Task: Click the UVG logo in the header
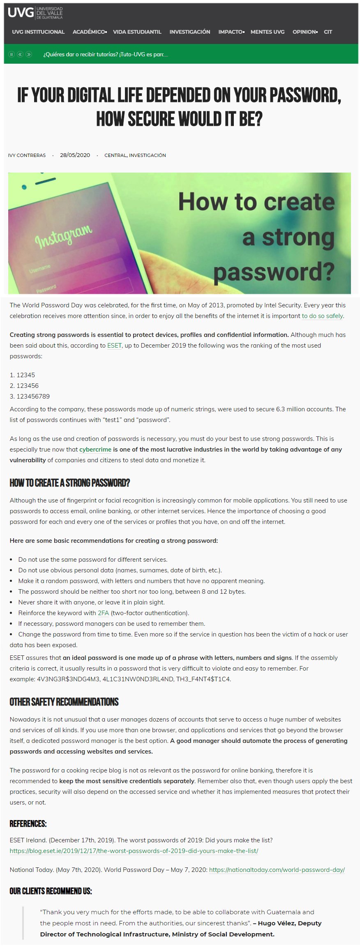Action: (35, 13)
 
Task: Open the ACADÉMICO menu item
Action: (89, 32)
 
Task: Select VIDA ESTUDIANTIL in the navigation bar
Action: (137, 32)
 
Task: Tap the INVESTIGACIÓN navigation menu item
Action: (189, 32)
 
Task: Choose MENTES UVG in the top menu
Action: (267, 32)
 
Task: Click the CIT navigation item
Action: (328, 32)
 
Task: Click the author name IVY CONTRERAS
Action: (27, 155)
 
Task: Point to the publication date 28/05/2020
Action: (75, 155)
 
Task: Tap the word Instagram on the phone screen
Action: (63, 237)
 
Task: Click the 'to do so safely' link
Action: (322, 316)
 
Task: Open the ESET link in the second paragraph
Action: (114, 346)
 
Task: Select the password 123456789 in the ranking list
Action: (33, 397)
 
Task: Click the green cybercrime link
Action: (95, 450)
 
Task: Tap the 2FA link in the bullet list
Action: (103, 613)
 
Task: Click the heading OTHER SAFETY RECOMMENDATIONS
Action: (64, 702)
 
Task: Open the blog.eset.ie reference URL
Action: (134, 851)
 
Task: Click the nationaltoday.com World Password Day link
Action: (277, 870)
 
